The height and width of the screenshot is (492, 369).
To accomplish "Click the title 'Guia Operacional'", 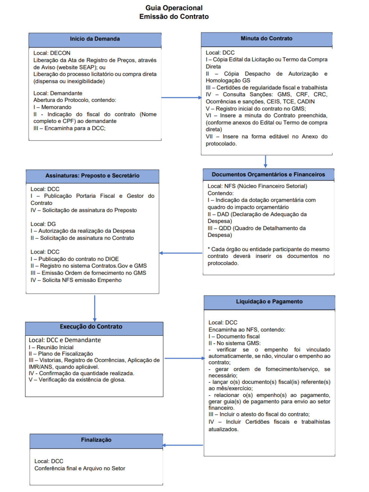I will (x=174, y=8).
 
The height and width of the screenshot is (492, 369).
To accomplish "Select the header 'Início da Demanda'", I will (x=95, y=39).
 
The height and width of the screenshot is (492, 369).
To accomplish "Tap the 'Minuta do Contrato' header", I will (x=266, y=39).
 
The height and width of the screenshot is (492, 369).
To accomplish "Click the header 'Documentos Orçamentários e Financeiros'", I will (x=268, y=175).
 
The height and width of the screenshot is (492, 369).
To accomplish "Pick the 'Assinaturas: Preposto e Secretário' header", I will (x=92, y=176).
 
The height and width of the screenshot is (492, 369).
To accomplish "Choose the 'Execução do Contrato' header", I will (x=91, y=327).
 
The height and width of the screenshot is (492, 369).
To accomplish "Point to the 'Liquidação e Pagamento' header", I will (x=269, y=302).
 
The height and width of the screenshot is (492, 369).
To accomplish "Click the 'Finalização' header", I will (x=96, y=440).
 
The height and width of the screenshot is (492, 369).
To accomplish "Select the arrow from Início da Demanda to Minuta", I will (x=181, y=98).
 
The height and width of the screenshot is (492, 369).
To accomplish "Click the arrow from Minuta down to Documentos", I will (x=266, y=161).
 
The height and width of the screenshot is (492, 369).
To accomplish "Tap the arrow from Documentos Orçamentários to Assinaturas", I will (x=181, y=253).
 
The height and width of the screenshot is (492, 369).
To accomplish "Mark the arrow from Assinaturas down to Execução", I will (x=95, y=308).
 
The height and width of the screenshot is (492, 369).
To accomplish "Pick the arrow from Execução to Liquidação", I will (x=184, y=359).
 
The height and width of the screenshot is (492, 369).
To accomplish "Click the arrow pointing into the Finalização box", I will (x=183, y=445).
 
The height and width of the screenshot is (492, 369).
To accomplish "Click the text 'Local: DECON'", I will (x=52, y=53).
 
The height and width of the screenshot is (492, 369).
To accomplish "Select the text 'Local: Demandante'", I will (x=58, y=93).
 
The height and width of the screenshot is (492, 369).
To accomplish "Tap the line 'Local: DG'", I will (x=43, y=224).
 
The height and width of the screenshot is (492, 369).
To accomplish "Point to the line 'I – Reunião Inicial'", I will (x=51, y=347).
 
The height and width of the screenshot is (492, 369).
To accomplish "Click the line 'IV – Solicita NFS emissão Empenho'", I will (x=76, y=280).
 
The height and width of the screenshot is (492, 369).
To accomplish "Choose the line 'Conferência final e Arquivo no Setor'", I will (x=80, y=469).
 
